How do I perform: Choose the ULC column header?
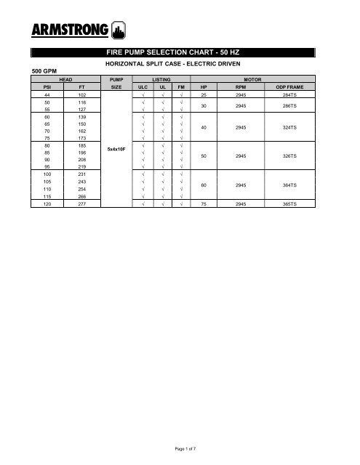143,87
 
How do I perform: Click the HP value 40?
204,127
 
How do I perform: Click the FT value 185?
82,143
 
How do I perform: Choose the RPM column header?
242,87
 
